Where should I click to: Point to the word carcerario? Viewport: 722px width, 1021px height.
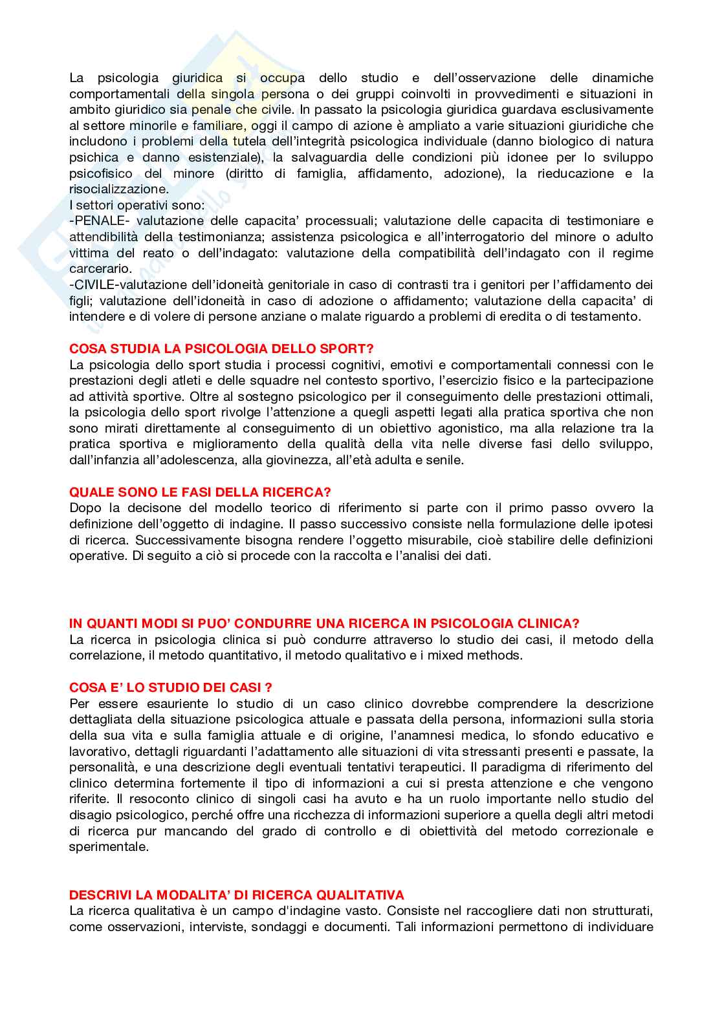(100, 269)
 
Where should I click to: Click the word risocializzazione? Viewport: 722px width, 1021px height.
(118, 189)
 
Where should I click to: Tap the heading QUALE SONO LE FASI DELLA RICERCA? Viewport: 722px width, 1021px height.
(200, 492)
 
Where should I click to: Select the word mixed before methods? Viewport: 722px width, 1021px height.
(454, 656)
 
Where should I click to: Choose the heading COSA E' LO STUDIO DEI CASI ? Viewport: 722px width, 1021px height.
(171, 687)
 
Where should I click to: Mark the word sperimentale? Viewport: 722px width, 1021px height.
(109, 847)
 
